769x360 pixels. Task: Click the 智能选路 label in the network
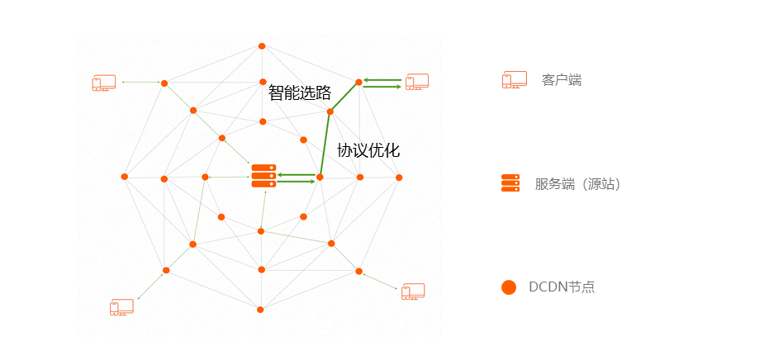(300, 92)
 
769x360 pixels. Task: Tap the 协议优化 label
(368, 150)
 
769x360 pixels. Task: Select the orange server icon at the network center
(263, 176)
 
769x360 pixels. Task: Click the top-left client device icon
(104, 83)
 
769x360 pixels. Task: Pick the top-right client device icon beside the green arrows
(416, 81)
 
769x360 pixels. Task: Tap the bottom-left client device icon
(121, 307)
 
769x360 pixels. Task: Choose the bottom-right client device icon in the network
(412, 291)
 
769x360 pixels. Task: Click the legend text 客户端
(562, 80)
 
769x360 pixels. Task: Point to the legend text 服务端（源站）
(577, 184)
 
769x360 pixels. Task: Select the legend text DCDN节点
(562, 287)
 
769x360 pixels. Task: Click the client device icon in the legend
(515, 80)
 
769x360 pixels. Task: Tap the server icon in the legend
(510, 183)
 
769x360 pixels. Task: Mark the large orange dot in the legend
(509, 287)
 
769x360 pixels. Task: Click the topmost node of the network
(262, 46)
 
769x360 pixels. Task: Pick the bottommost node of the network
(260, 310)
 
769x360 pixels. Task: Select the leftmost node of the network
(125, 177)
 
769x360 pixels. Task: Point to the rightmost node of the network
(399, 178)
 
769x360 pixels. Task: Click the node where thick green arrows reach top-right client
(358, 82)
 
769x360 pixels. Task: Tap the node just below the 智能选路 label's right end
(330, 111)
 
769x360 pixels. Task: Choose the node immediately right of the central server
(320, 177)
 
